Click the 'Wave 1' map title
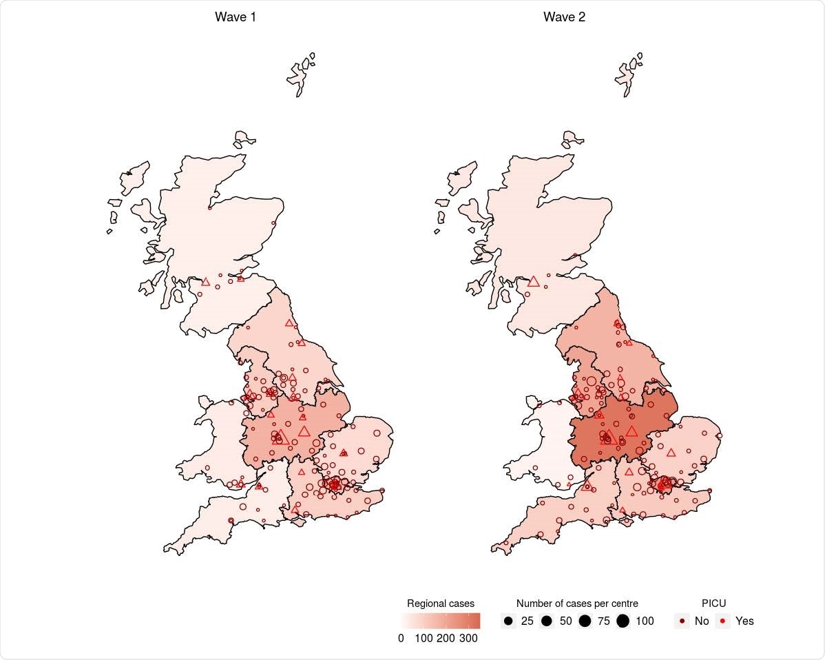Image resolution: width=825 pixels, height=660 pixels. (236, 17)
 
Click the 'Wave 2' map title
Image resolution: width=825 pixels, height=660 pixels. (564, 17)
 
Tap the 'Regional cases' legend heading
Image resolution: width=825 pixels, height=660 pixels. (441, 604)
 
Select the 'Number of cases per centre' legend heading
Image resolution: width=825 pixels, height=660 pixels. (577, 604)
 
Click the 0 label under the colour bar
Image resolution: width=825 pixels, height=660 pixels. (401, 639)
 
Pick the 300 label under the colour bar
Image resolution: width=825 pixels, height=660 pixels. (468, 639)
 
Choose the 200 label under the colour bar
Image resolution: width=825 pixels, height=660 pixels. (446, 639)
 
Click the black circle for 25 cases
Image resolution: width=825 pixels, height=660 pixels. (509, 621)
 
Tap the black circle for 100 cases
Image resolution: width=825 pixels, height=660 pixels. (623, 621)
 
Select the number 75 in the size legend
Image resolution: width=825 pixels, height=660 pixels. (604, 621)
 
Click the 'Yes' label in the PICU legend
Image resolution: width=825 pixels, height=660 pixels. (744, 621)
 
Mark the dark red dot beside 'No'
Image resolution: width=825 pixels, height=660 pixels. (682, 621)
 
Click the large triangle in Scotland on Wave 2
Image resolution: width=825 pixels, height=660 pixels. (533, 281)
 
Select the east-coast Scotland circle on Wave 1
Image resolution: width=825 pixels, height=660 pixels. (274, 223)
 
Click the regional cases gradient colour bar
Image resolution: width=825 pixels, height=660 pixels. (441, 621)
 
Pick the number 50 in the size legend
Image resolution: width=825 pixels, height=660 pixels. (566, 621)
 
